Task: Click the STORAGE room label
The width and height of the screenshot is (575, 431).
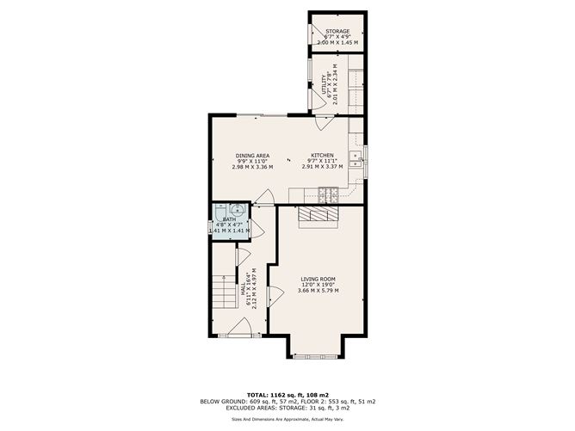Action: (x=337, y=31)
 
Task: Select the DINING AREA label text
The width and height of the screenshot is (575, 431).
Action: (x=252, y=156)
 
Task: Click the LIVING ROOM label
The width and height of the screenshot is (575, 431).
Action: (x=318, y=279)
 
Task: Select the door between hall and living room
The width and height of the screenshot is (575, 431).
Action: (x=275, y=298)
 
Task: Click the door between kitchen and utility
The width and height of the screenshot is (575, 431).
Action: (x=322, y=121)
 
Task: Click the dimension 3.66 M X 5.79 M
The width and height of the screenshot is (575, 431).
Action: (x=318, y=291)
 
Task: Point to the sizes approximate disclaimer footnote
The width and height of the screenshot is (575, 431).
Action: (x=287, y=419)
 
